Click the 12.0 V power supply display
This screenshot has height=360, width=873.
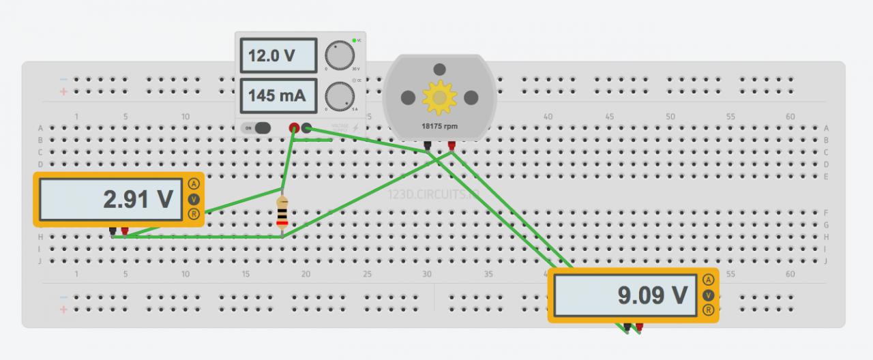[x=278, y=55]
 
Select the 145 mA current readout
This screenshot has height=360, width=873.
[x=278, y=96]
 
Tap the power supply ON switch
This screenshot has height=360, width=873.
[x=257, y=127]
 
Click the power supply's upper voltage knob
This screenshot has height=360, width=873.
[x=339, y=55]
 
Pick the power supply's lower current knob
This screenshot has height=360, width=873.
[x=339, y=96]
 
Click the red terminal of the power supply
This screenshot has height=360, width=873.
[x=294, y=127]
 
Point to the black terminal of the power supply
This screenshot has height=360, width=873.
[x=307, y=127]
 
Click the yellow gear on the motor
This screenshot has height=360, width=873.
[x=439, y=97]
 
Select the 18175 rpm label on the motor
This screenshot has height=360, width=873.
[x=439, y=126]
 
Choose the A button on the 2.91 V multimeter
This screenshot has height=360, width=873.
[x=194, y=184]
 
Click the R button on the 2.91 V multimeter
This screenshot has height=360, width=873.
[x=194, y=215]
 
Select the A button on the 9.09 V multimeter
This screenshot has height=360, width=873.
[x=709, y=280]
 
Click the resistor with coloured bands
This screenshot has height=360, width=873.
[x=282, y=213]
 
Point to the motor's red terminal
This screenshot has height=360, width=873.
[x=452, y=145]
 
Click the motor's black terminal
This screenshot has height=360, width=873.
[x=427, y=145]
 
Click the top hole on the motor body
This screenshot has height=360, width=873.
[x=440, y=69]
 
